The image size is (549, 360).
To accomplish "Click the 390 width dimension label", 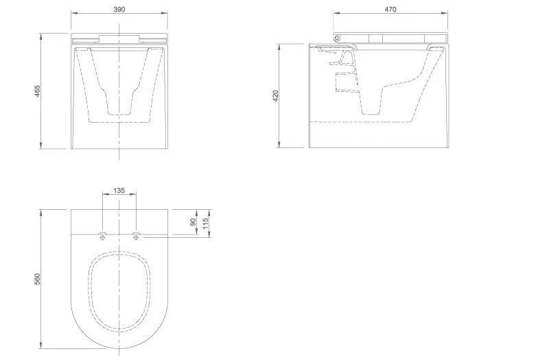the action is click(x=119, y=10).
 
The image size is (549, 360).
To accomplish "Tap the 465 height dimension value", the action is click(x=38, y=91).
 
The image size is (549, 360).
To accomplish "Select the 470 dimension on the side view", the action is click(x=390, y=10).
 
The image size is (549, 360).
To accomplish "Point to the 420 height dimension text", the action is click(x=275, y=96).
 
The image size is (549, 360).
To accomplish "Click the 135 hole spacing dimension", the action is click(x=119, y=191).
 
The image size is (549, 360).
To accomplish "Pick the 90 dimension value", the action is click(x=193, y=222).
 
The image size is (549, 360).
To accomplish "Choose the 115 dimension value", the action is click(x=205, y=224).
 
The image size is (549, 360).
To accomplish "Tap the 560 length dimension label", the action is click(x=38, y=279).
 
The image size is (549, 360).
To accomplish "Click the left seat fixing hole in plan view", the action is click(x=102, y=237).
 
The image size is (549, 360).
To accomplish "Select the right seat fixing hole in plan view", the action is click(x=136, y=237).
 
